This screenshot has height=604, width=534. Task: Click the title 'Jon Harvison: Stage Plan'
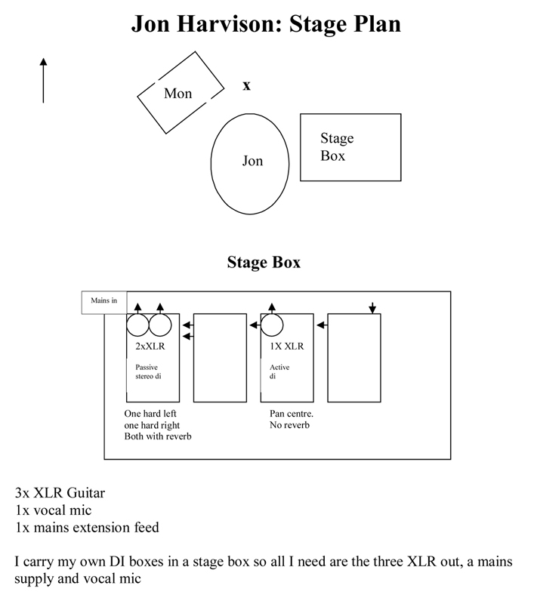click(x=266, y=23)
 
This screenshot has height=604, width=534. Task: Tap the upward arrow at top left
click(x=43, y=79)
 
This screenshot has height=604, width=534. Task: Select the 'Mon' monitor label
click(x=178, y=94)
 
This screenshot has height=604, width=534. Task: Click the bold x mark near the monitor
click(x=246, y=86)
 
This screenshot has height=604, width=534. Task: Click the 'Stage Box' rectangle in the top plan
click(x=350, y=147)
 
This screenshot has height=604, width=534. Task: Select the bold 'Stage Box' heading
click(x=264, y=263)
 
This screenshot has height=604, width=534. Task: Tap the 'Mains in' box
click(x=104, y=301)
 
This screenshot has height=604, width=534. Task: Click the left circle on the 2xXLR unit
click(x=137, y=325)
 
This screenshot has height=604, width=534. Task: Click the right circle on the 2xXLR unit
click(x=160, y=325)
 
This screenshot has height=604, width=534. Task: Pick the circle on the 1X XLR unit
click(x=272, y=325)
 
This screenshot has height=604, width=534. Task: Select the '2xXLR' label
click(x=152, y=347)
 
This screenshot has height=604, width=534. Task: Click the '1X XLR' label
click(x=286, y=347)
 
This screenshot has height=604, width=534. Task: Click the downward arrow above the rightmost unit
click(x=372, y=307)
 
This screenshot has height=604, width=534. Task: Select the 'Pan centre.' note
click(x=292, y=414)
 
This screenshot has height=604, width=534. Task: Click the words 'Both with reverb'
click(x=158, y=436)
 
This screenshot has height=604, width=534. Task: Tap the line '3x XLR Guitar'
click(x=60, y=494)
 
